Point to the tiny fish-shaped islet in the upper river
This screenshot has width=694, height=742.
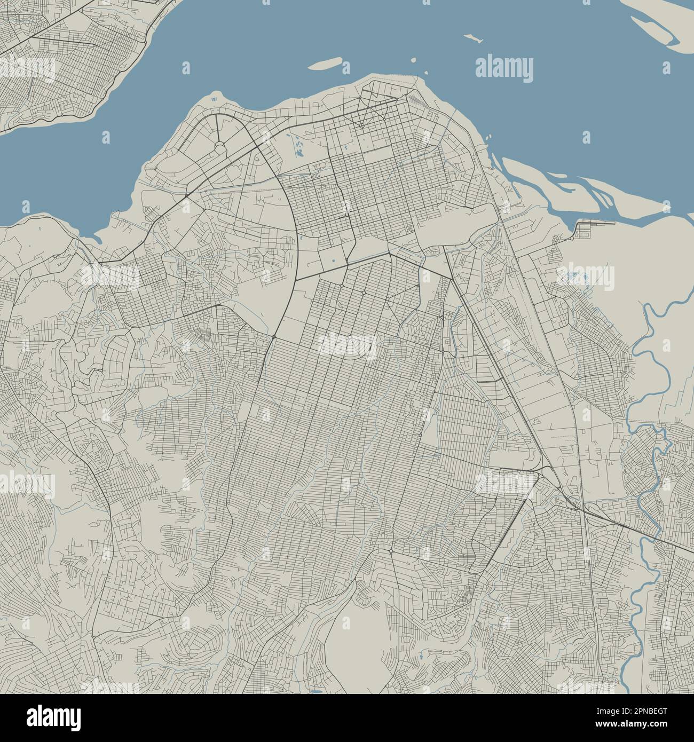click(470, 38)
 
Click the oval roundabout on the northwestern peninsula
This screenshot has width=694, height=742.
click(220, 146)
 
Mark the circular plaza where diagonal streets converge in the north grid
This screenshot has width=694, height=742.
click(361, 126)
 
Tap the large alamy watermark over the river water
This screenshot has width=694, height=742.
click(503, 68)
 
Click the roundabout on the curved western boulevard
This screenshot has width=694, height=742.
click(273, 337)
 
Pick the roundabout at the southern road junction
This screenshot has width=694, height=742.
click(391, 550)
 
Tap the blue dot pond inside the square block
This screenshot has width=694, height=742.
click(333, 261)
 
